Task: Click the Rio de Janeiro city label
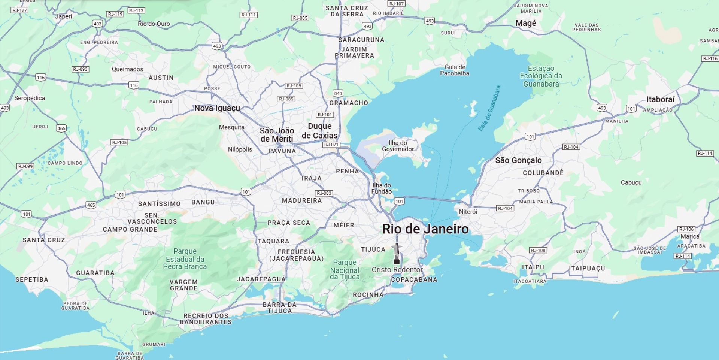(425, 229)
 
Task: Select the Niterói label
(468, 212)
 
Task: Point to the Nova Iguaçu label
(217, 108)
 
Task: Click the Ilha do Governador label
(398, 146)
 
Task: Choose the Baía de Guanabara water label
(489, 108)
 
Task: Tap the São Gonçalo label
(518, 160)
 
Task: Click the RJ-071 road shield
(331, 145)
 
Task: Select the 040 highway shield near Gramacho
(338, 93)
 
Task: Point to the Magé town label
(526, 23)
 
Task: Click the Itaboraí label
(660, 99)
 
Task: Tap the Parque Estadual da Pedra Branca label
(185, 259)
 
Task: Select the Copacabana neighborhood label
(414, 279)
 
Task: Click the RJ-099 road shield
(25, 166)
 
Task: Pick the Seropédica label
(30, 98)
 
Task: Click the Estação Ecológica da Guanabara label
(541, 76)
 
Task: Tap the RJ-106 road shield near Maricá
(686, 229)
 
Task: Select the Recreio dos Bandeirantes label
(206, 319)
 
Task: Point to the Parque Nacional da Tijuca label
(345, 270)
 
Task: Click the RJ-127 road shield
(19, 10)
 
